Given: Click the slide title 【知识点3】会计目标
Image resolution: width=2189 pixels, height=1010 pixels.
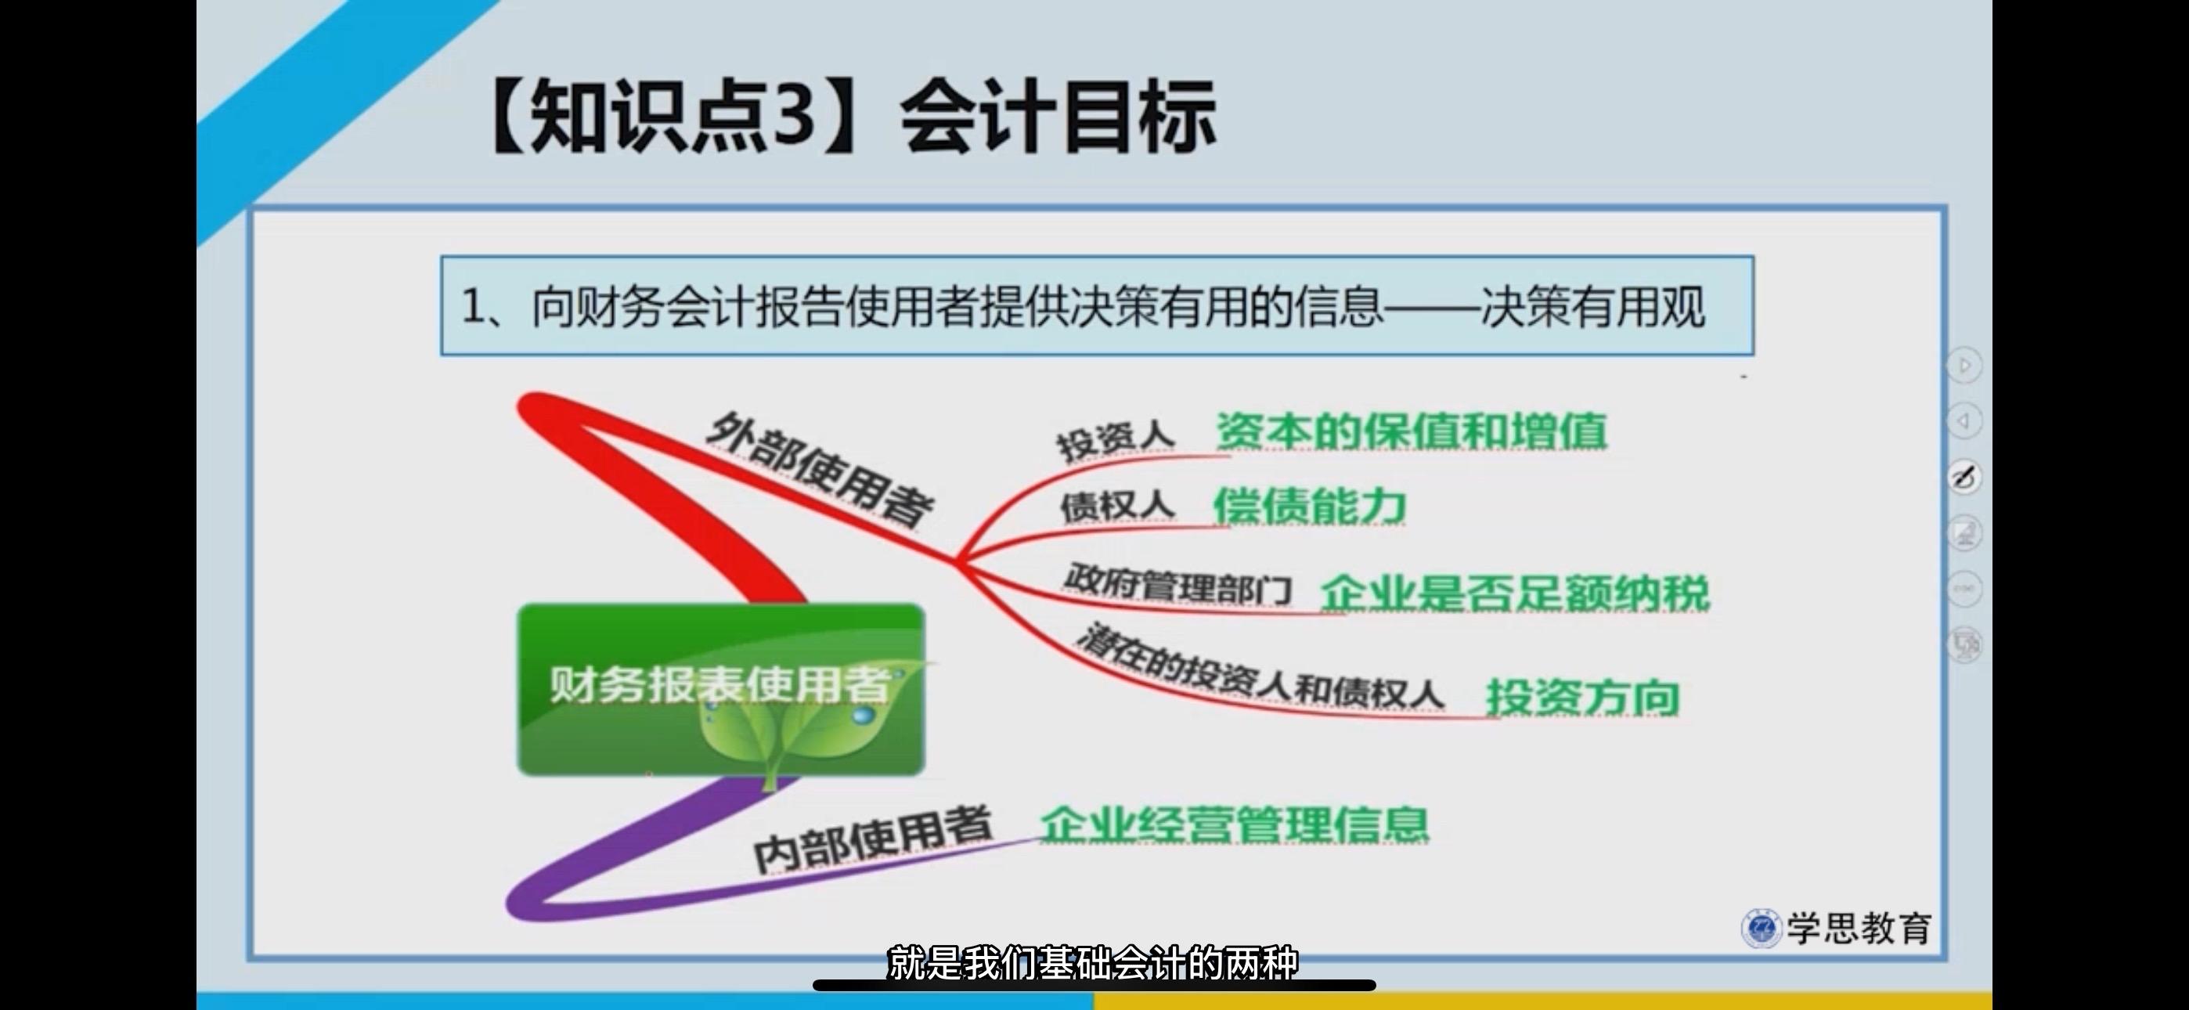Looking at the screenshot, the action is coord(853,117).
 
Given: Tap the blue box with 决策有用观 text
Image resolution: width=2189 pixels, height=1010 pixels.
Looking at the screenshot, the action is coord(1097,305).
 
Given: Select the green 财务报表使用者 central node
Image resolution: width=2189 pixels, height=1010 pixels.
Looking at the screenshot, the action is coord(720,689).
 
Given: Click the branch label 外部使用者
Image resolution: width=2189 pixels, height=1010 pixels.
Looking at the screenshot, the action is coord(820,470).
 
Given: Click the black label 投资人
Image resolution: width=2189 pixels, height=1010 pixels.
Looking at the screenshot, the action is coord(1115,439).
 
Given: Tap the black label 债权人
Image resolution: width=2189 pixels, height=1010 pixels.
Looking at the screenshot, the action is coord(1116,506).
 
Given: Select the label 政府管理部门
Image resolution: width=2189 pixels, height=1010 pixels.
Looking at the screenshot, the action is coord(1177,585).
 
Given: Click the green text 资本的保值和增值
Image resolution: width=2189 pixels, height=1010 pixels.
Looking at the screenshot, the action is coord(1412,431).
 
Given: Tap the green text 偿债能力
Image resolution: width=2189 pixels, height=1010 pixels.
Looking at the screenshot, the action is coord(1310,507).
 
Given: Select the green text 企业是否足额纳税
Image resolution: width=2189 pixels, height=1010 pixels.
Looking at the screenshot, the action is coord(1515,593).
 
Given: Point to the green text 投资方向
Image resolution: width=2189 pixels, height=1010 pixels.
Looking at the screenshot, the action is coord(1582,698).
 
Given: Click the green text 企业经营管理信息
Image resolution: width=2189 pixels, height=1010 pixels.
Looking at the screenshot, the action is coord(1235,824).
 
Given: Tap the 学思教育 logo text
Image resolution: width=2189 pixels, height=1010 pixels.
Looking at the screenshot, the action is coord(1859,928).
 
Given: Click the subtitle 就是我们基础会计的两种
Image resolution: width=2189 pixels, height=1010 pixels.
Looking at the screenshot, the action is coord(1093,963).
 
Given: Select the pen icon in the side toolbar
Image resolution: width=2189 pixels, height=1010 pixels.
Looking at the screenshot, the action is coord(1964,477).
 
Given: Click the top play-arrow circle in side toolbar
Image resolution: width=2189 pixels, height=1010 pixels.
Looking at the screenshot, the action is coord(1964,366).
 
